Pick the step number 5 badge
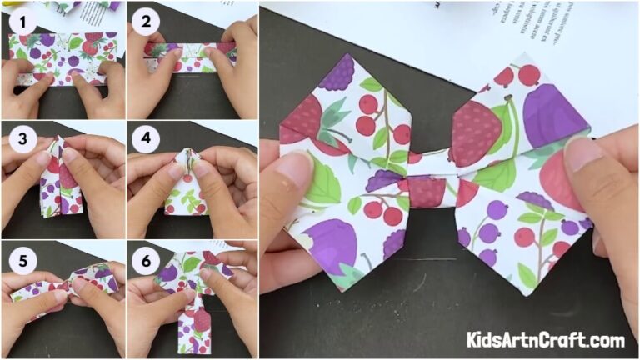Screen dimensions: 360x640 point(21,260)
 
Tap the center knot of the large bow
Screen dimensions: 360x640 point(427,190)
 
